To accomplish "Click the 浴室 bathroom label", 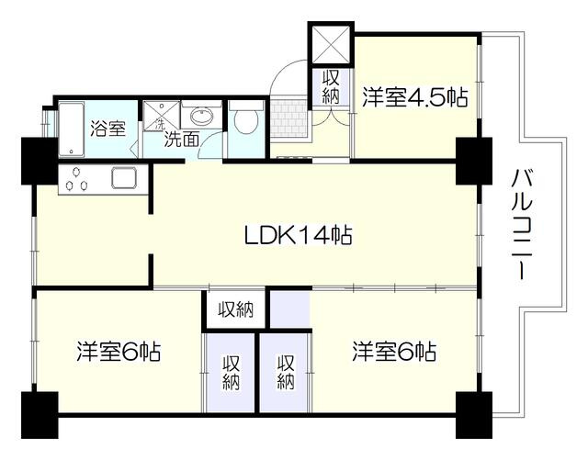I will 108,129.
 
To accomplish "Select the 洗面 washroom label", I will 181,140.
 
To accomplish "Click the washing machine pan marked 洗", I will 156,117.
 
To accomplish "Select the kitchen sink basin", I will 124,177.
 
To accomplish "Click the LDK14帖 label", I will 297,235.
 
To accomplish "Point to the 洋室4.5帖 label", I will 413,97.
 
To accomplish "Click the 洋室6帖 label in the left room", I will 119,352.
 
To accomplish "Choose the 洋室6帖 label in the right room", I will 392,352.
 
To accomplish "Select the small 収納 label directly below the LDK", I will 235,309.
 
